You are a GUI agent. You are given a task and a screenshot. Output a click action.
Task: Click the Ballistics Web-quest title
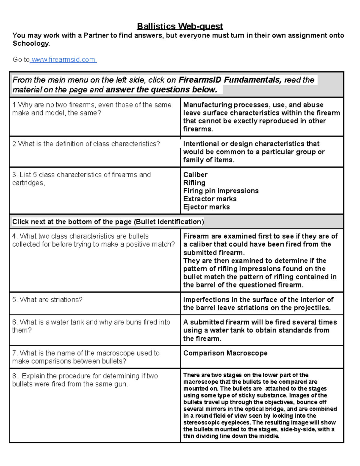(x=180, y=26)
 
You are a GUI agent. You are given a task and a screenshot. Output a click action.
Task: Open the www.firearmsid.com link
(x=63, y=59)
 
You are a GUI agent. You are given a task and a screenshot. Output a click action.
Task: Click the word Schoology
(x=30, y=44)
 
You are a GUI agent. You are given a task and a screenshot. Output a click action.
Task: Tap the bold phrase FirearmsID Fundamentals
(x=229, y=80)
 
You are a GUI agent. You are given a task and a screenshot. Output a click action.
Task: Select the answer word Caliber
(x=195, y=175)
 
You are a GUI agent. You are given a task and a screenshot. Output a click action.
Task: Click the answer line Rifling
(x=194, y=183)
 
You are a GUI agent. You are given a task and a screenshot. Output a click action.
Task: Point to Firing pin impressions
(x=221, y=191)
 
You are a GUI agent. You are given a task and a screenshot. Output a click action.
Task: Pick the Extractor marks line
(x=210, y=199)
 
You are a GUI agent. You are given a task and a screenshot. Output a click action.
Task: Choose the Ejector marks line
(x=206, y=207)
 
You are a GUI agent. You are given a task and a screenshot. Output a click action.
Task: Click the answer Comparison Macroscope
(x=225, y=353)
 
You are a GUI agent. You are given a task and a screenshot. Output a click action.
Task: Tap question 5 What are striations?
(x=47, y=300)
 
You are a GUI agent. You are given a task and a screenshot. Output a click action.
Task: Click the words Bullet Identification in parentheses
(x=169, y=222)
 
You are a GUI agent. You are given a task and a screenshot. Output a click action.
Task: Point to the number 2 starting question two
(x=14, y=144)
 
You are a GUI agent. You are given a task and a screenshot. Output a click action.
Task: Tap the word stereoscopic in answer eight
(x=201, y=422)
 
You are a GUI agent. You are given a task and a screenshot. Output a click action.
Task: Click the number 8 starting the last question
(x=14, y=376)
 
